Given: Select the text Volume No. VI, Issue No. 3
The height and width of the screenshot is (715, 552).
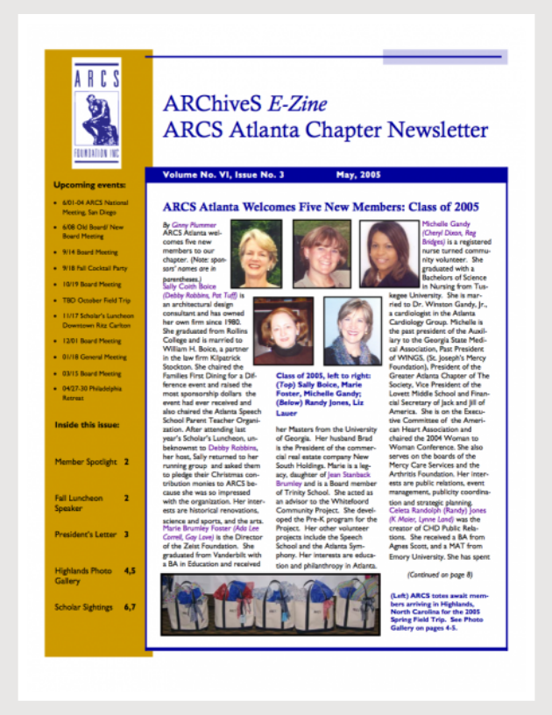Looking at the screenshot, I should pos(223,175).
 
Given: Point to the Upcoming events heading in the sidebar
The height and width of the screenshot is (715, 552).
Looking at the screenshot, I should pos(88,186).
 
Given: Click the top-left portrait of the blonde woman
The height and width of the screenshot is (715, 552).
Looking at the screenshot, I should pos(256,252).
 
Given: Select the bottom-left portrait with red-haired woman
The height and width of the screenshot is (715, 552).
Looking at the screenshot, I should pos(282,329).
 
